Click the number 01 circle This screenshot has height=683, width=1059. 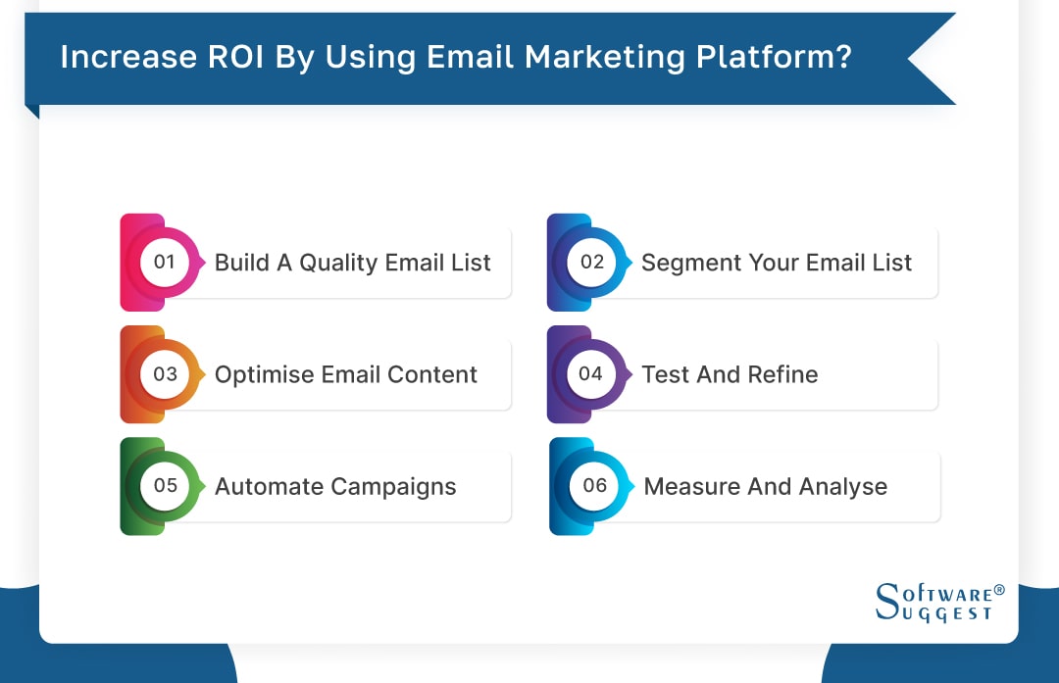(x=164, y=262)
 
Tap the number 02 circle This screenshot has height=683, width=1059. (x=591, y=262)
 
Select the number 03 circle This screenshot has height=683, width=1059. (x=165, y=374)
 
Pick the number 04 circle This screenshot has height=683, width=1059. (x=590, y=373)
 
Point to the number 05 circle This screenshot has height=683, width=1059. (x=165, y=486)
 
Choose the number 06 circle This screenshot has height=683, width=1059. (x=594, y=486)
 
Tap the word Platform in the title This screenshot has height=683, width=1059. (x=774, y=58)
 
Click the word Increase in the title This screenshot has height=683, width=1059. (x=116, y=58)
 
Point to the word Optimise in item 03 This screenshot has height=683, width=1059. (x=260, y=375)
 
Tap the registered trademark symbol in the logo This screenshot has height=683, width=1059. (x=999, y=590)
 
